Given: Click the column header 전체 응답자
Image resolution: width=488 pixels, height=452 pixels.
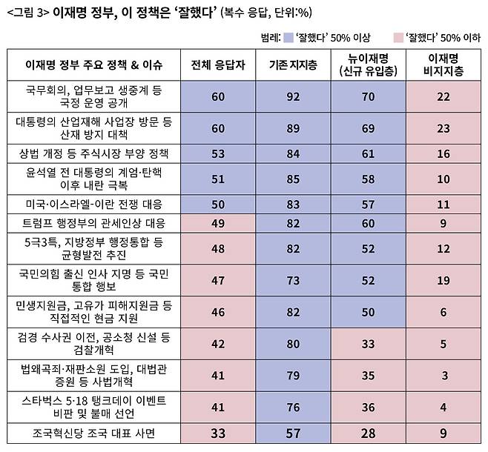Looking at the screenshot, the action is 218,65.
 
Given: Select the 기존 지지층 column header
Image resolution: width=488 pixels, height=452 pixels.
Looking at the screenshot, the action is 293,65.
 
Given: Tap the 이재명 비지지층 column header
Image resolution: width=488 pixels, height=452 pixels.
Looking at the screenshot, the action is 444,64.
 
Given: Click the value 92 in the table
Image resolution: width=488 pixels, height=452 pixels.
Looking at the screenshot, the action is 293,96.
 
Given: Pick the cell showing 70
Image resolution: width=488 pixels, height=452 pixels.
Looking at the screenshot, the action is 368,96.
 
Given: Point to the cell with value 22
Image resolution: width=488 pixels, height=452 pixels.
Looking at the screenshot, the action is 444,96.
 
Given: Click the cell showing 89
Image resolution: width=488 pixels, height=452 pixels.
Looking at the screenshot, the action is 293,128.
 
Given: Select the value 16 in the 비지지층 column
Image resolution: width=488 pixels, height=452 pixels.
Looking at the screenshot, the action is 444,154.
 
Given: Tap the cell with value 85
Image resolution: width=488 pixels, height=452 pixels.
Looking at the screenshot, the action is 293,179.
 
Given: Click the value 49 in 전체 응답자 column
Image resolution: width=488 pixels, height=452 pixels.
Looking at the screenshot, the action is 218,224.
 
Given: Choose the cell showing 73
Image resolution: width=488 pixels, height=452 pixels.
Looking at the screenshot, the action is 293,281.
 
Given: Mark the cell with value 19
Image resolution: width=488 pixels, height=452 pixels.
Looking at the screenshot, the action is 444,281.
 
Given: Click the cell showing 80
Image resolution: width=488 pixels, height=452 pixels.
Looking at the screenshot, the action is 293,344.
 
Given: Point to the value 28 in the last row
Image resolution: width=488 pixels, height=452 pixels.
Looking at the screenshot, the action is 368,433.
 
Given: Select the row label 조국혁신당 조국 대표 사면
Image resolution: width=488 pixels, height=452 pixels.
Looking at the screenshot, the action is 93,433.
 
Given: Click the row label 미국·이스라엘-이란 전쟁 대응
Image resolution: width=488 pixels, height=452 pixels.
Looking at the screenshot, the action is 94,205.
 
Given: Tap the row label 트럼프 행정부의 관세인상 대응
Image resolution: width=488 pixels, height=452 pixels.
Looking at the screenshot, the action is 93,224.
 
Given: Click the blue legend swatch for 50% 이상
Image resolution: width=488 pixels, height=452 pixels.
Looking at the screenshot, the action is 289,38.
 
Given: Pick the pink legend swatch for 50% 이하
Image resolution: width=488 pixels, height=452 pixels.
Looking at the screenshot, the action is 399,38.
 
